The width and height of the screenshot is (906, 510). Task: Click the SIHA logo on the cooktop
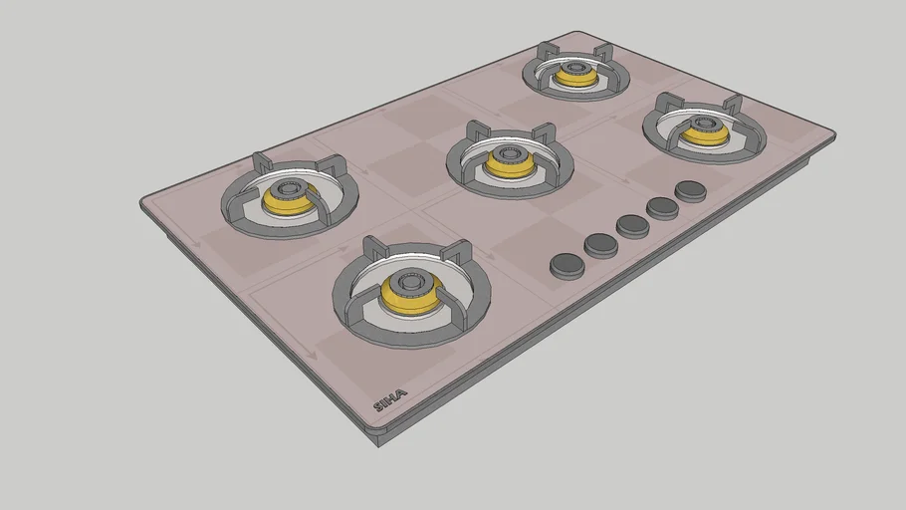[x=389, y=401]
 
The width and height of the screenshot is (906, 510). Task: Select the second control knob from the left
[x=600, y=244]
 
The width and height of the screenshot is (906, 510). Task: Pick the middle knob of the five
[x=632, y=226]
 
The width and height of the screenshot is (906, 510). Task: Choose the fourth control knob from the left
[x=662, y=207]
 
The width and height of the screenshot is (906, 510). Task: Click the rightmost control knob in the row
[x=690, y=190]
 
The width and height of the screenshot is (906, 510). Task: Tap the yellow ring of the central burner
[x=509, y=165]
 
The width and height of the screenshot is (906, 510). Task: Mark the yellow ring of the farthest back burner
[x=576, y=77]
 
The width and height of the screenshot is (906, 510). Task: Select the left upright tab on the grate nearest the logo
[x=374, y=248]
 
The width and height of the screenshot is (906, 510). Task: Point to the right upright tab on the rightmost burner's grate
[x=733, y=105]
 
